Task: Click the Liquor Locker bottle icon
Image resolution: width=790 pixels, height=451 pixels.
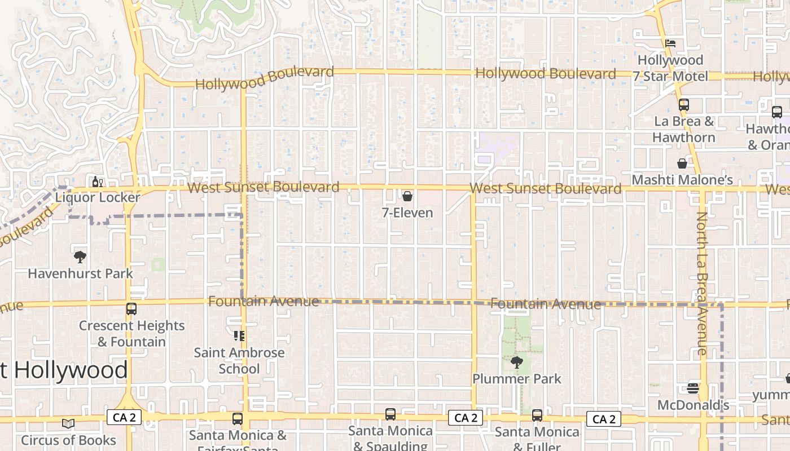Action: point(96,182)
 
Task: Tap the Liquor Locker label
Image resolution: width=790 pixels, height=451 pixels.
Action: point(98,197)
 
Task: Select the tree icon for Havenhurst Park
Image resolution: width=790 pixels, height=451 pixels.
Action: point(80,257)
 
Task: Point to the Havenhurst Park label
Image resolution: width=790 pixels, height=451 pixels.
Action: point(81,273)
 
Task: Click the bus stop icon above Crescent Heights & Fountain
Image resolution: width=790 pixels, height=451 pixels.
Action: point(131,309)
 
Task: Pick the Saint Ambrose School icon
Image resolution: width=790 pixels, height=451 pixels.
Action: point(239,336)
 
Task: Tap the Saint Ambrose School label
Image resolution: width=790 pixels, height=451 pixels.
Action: point(239,361)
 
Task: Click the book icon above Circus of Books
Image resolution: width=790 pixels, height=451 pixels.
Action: point(68,423)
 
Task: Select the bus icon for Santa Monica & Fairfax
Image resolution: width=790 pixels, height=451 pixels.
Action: point(238,419)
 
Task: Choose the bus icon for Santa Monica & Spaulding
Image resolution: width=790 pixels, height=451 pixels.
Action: point(390,414)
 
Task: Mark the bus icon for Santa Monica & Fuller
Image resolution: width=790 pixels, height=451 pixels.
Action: point(537,415)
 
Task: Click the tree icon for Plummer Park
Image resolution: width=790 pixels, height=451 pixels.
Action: point(516,362)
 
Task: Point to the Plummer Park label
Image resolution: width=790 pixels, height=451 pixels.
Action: point(517,378)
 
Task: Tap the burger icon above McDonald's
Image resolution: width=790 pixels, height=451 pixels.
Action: point(693,388)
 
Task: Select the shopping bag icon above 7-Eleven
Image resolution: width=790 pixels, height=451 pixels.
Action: point(407,196)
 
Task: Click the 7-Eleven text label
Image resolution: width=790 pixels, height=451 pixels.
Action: point(407,213)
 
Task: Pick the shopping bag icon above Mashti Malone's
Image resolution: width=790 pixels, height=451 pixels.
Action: point(682,163)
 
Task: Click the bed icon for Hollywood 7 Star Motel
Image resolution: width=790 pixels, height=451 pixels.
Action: point(670,43)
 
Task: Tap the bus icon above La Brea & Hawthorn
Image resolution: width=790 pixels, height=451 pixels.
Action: point(684,105)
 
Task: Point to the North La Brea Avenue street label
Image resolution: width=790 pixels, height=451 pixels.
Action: point(701,283)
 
